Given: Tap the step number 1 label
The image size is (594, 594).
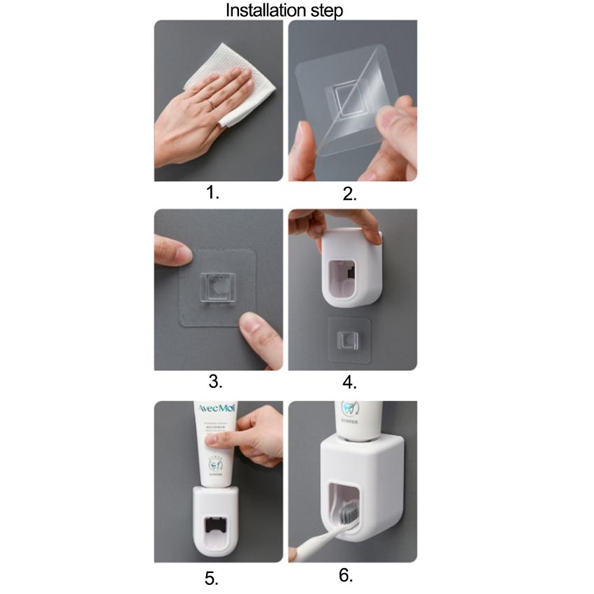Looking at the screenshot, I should pyautogui.click(x=213, y=193).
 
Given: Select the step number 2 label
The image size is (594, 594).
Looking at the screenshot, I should pyautogui.click(x=349, y=194).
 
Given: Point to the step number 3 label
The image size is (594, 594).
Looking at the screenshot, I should pyautogui.click(x=215, y=382).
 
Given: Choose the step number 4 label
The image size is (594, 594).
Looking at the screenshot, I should pyautogui.click(x=349, y=382).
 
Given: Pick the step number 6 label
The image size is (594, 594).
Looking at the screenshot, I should pyautogui.click(x=346, y=575).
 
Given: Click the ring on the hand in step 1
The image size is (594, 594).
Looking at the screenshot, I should pyautogui.click(x=210, y=103).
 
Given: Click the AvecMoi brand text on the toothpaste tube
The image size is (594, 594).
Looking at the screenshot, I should pyautogui.click(x=217, y=408).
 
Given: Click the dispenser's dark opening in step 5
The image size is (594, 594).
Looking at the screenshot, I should pyautogui.click(x=218, y=526).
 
